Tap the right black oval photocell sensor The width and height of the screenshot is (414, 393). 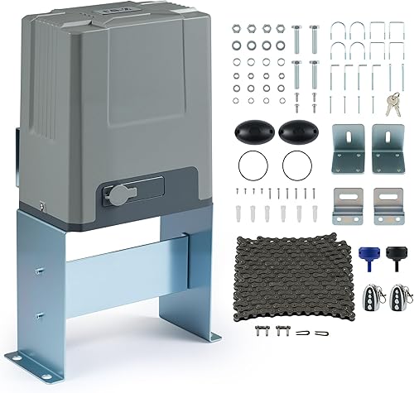click(x=296, y=130)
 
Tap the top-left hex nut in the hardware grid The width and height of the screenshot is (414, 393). click(x=237, y=29)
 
